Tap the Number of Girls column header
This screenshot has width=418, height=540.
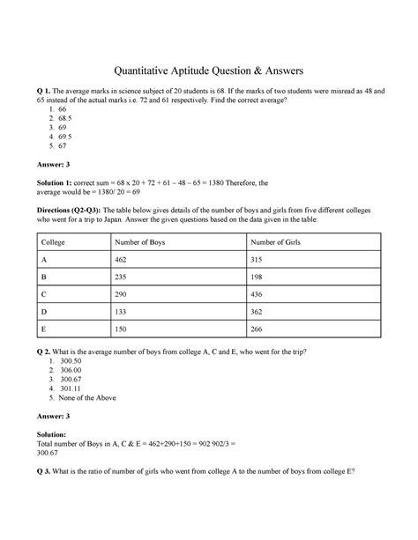(280, 242)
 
